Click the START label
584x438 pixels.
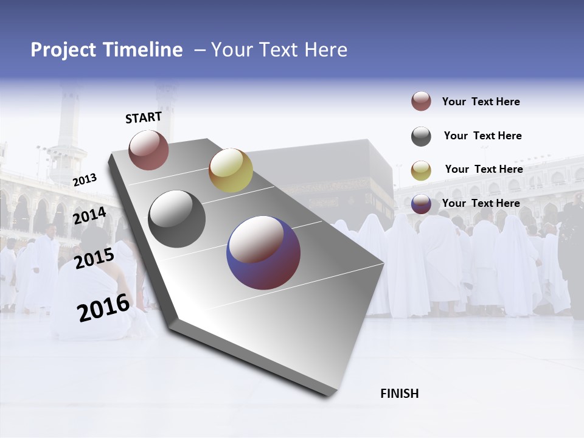144,118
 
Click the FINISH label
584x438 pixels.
400,394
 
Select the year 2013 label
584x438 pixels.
85,179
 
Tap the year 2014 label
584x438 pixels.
89,215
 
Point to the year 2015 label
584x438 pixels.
94,259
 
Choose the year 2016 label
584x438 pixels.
103,308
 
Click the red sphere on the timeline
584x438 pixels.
148,150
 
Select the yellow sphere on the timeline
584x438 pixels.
231,170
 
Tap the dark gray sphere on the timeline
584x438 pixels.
176,219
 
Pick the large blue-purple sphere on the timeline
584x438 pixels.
263,252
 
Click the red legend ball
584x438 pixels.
421,102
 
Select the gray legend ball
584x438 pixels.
421,136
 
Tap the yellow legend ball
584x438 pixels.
421,170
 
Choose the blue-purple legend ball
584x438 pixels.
421,204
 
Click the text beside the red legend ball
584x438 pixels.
481,102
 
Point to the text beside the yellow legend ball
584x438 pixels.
484,169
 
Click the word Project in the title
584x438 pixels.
62,50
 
